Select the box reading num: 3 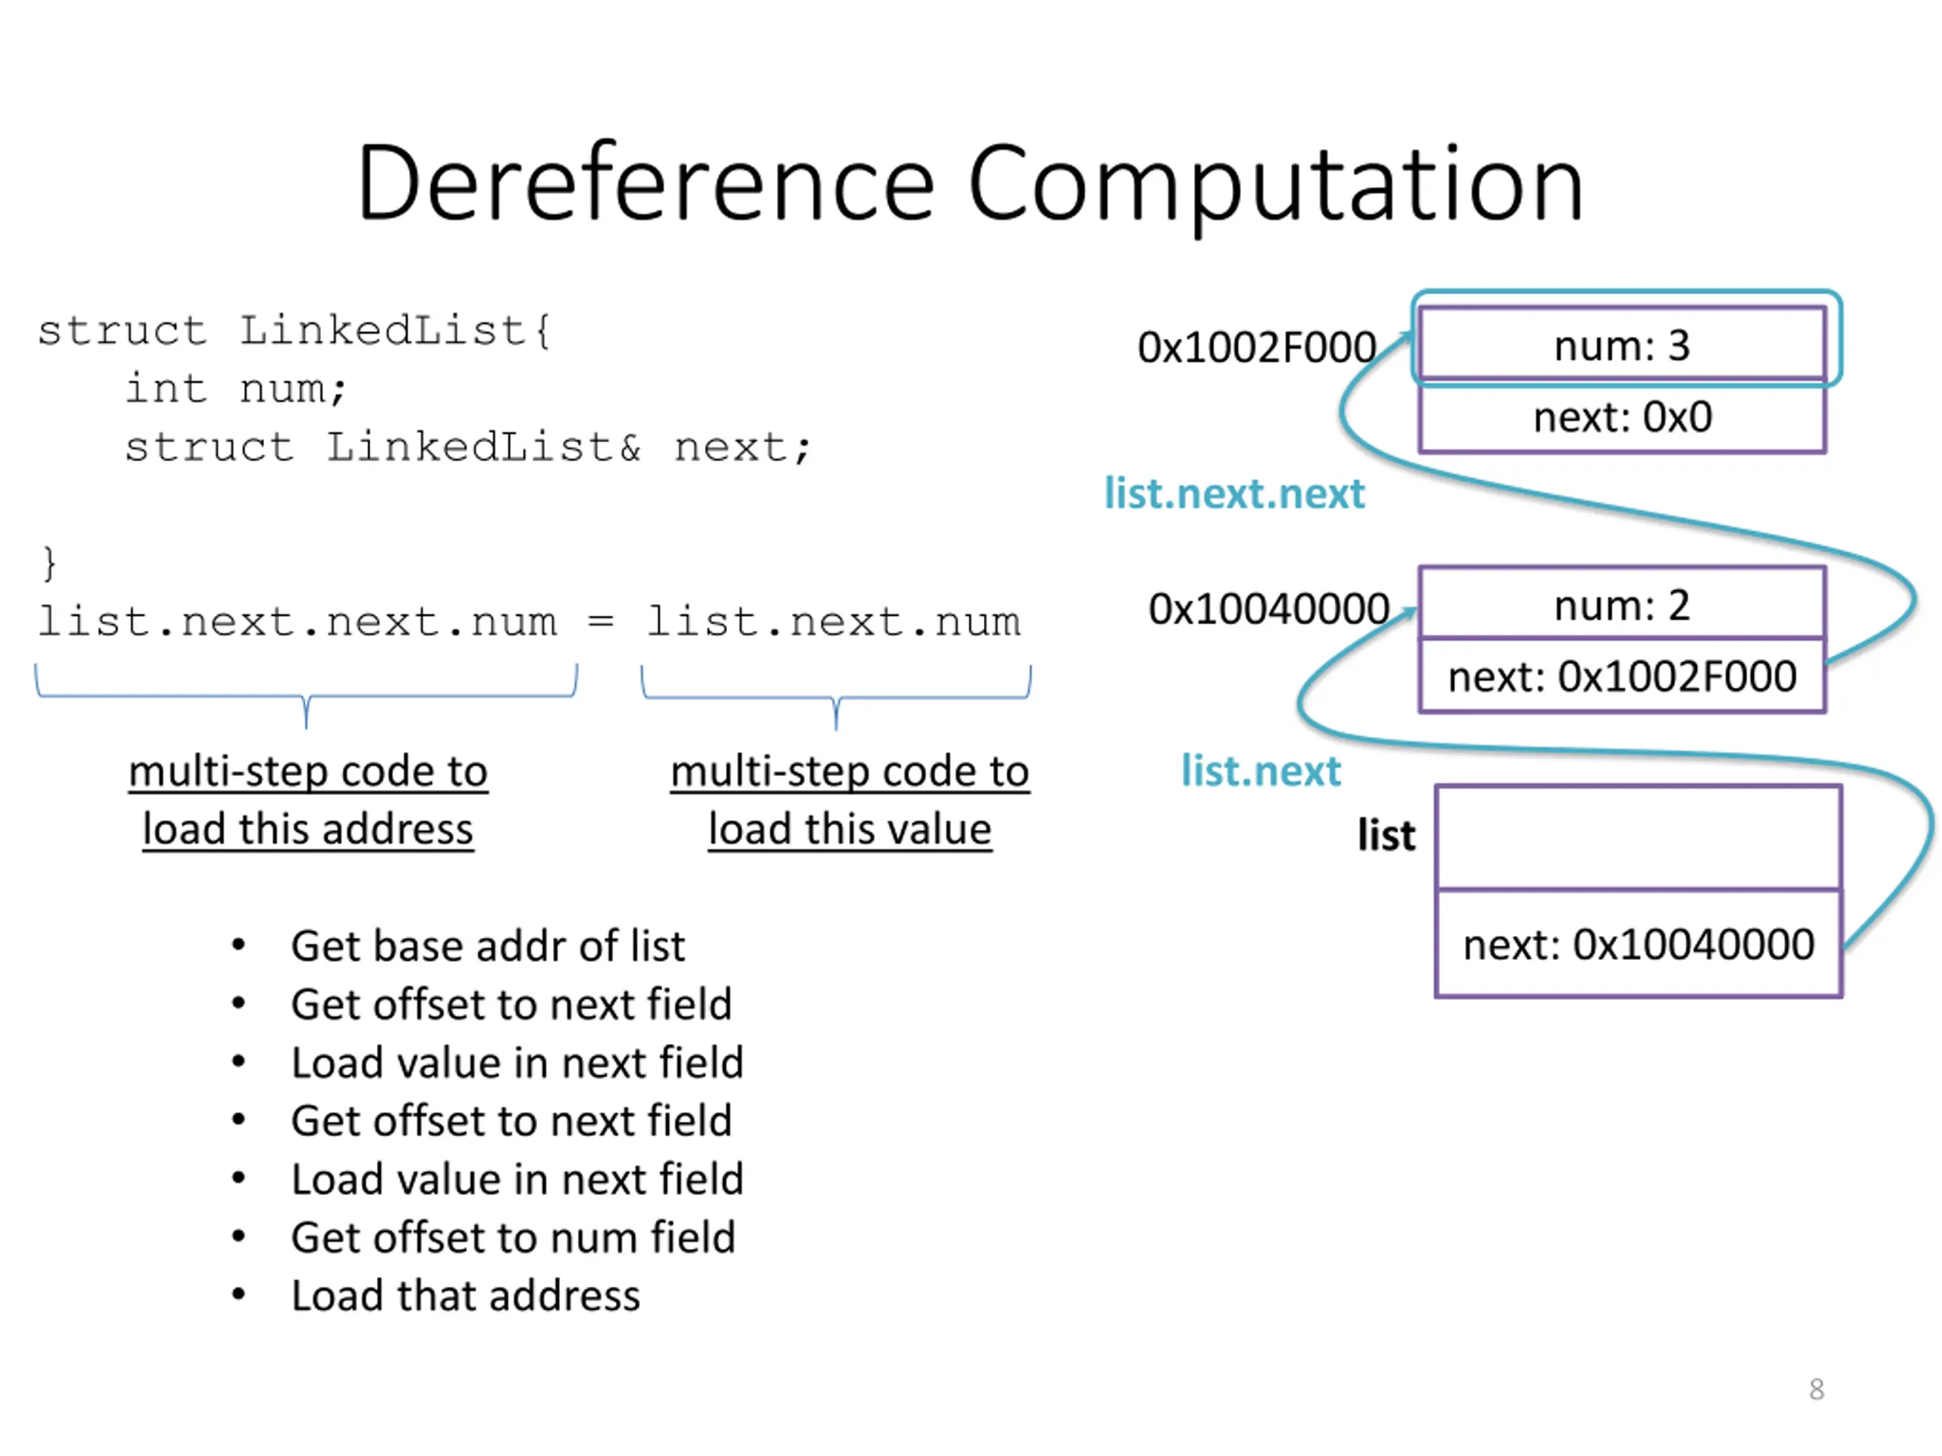point(1622,344)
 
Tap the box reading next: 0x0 point(1622,417)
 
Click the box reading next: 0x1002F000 point(1622,675)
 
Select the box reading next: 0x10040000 point(1639,943)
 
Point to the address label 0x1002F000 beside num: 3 point(1256,347)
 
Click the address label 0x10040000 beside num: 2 point(1268,608)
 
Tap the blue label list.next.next point(1233,493)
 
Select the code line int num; point(235,389)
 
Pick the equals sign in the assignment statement point(601,620)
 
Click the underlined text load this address point(308,829)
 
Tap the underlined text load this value point(850,829)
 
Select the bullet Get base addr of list point(487,945)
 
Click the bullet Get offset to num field point(513,1237)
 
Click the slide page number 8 point(1817,1389)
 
